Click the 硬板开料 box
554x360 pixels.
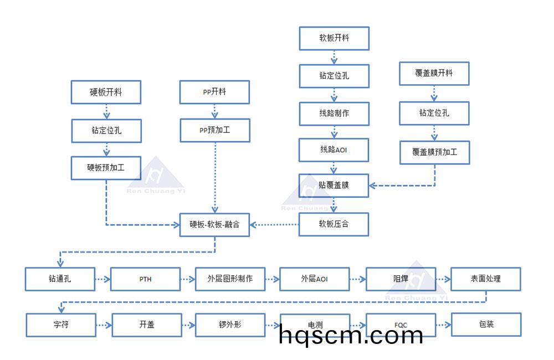pyautogui.click(x=106, y=92)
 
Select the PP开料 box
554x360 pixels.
pyautogui.click(x=214, y=92)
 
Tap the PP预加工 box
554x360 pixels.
pyautogui.click(x=214, y=130)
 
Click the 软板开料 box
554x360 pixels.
pyautogui.click(x=334, y=38)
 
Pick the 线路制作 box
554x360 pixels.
pyautogui.click(x=334, y=113)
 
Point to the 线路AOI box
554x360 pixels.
pyautogui.click(x=334, y=150)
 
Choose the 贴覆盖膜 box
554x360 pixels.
pyautogui.click(x=334, y=186)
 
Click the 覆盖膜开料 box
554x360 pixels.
pyautogui.click(x=434, y=73)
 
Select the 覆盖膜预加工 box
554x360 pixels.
pyautogui.click(x=434, y=152)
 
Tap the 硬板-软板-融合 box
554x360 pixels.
pyautogui.click(x=214, y=225)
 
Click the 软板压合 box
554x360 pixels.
pyautogui.click(x=334, y=225)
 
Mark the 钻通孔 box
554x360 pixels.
pyautogui.click(x=60, y=279)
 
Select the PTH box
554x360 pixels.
pyautogui.click(x=145, y=279)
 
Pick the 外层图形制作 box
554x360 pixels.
pyautogui.click(x=230, y=279)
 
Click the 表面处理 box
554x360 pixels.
pyautogui.click(x=486, y=279)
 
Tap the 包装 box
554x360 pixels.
pyautogui.click(x=486, y=325)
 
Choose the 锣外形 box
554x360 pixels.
pyautogui.click(x=230, y=325)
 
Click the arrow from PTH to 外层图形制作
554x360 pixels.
pyautogui.click(x=188, y=279)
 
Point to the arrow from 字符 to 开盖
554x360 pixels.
pyautogui.click(x=103, y=325)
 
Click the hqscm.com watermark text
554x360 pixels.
pyautogui.click(x=351, y=335)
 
